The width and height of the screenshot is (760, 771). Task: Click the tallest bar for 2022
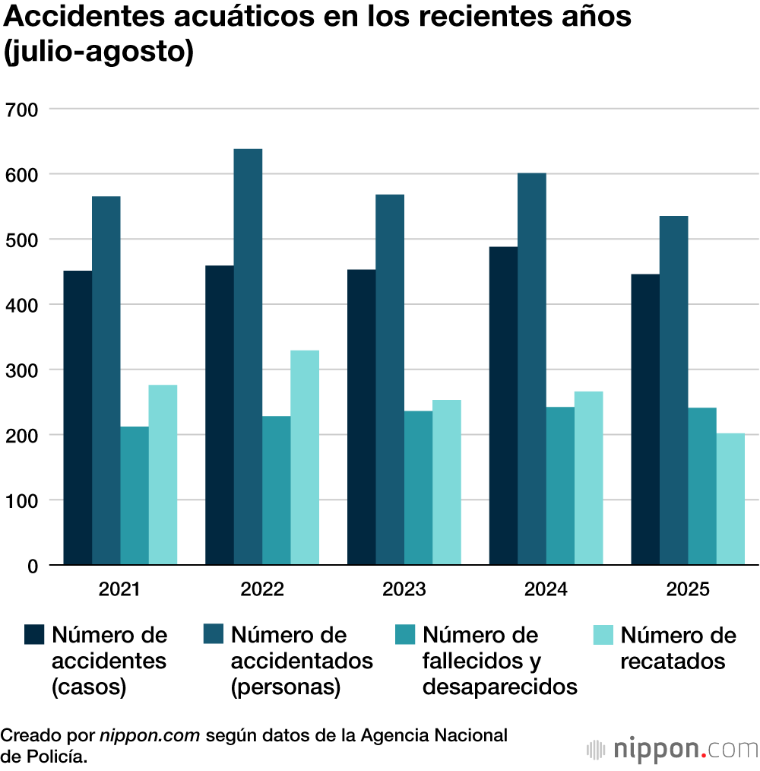pos(248,357)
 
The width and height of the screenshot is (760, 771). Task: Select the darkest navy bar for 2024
pos(503,406)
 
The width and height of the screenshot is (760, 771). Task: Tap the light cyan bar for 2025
pos(730,500)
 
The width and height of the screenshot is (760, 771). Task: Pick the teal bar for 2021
pos(135,496)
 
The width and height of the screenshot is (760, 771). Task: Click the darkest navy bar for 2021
pos(78,418)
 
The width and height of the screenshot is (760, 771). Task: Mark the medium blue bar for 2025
pos(673,391)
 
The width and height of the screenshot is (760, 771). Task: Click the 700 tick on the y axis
pos(21,109)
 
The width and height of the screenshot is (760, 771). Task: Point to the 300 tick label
pos(21,370)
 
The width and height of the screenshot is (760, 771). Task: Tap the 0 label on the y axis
pos(31,566)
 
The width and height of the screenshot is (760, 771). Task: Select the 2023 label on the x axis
pos(404,590)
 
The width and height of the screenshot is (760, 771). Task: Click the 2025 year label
pos(687,590)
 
